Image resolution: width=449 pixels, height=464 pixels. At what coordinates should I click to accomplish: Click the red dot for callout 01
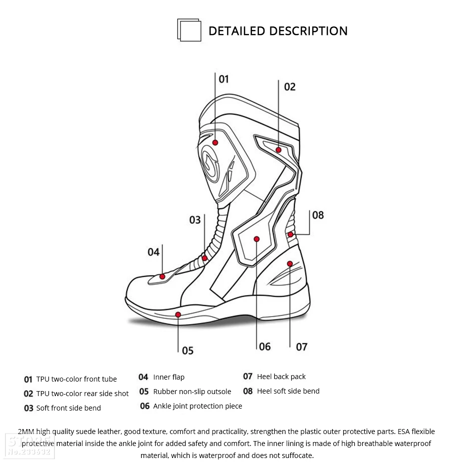[x=215, y=142]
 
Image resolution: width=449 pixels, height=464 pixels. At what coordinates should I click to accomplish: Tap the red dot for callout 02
[x=278, y=150]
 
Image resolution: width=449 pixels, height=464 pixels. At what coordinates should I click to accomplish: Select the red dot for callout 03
[x=205, y=258]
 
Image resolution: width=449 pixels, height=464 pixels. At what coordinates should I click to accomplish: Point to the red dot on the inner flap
[x=162, y=276]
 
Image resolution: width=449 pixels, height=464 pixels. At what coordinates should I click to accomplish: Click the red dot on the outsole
[x=178, y=314]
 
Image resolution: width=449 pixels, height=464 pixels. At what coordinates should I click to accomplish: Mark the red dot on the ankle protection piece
[x=256, y=239]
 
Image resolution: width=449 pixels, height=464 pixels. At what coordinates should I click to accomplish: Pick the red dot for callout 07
[x=290, y=263]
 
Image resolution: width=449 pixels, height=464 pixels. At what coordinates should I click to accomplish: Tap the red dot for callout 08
[x=290, y=234]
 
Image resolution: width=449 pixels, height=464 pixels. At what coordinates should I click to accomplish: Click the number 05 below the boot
[x=188, y=351]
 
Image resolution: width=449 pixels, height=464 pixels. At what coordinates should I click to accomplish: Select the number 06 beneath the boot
[x=265, y=347]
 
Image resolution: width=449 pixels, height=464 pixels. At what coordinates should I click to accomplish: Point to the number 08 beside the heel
[x=318, y=215]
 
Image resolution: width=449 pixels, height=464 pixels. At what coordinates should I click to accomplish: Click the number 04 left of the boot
[x=154, y=252]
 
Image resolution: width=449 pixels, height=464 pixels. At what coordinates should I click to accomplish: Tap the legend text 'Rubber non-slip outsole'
[x=192, y=392]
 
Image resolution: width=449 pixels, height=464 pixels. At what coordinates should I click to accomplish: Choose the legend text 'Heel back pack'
[x=281, y=377]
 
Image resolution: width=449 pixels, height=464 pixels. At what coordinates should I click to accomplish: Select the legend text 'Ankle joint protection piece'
[x=198, y=406]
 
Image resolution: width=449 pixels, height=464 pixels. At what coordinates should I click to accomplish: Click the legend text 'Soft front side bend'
[x=68, y=408]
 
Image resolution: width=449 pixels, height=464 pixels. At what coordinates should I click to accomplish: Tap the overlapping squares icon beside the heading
[x=189, y=30]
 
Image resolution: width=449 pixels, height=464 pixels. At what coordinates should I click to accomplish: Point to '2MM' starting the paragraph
[x=26, y=432]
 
